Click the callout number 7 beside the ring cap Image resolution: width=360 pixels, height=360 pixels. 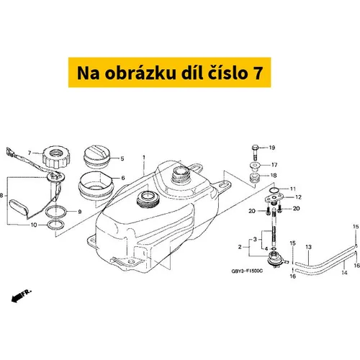coord(30,153)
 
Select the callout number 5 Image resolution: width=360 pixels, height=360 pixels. coord(122,158)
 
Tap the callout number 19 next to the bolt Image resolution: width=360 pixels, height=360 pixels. coord(272,148)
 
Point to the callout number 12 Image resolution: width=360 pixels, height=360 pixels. coord(298,197)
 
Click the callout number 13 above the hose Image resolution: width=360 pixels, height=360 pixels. coord(308,247)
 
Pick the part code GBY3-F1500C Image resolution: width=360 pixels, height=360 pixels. coord(247,271)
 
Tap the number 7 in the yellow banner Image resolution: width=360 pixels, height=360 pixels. coord(258,73)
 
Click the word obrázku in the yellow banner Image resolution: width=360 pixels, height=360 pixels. coord(140,73)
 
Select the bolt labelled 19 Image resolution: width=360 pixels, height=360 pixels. coord(255,153)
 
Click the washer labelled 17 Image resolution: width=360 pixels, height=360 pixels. coord(255,166)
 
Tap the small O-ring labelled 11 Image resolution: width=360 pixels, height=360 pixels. coord(274,190)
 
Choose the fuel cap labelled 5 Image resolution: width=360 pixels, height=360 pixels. coord(96,156)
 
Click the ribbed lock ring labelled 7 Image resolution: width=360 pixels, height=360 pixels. coord(57,157)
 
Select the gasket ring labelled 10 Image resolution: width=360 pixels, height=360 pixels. coord(56,225)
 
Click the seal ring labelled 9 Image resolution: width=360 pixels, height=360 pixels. coord(56,212)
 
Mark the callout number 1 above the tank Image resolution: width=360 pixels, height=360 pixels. coord(144,158)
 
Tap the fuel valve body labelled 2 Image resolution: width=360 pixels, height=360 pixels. coord(275,258)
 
